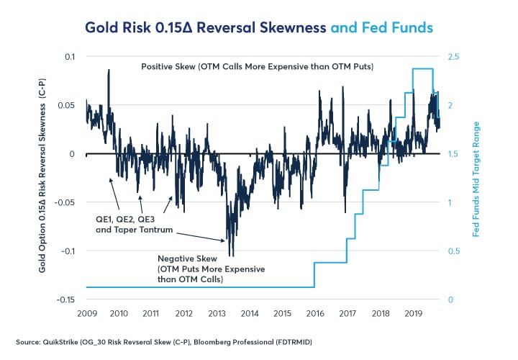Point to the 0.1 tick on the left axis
tap(69, 56)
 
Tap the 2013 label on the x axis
tap(217, 314)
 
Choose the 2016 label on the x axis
tap(315, 314)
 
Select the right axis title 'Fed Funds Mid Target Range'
tap(476, 178)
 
